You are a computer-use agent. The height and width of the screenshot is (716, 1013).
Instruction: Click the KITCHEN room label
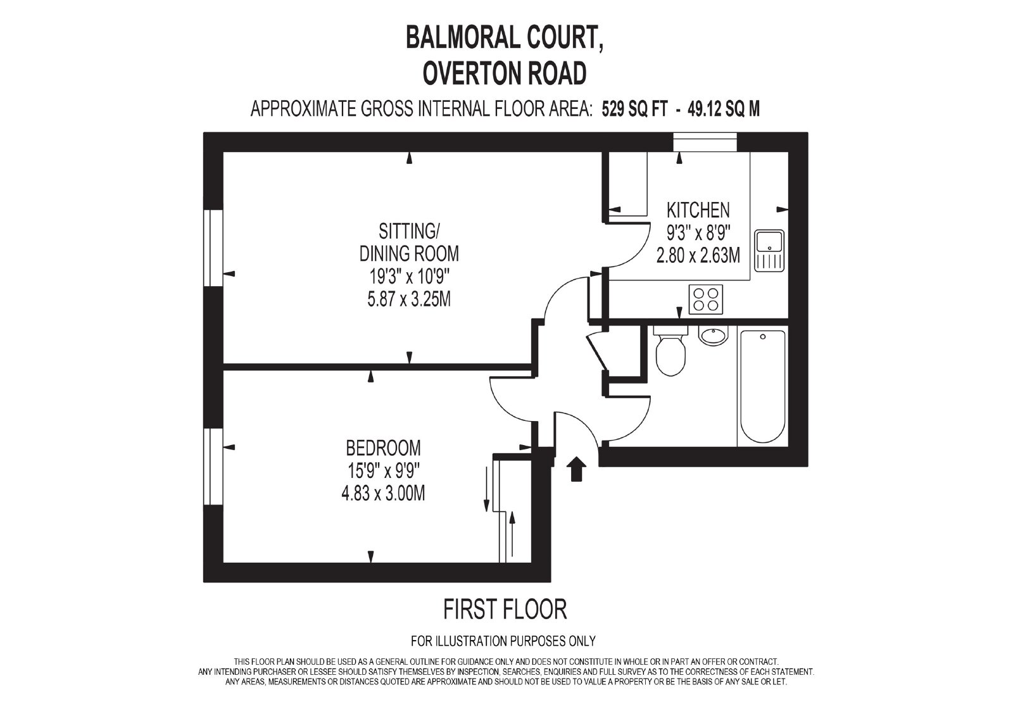[698, 210]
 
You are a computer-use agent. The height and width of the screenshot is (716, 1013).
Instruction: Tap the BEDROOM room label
[383, 448]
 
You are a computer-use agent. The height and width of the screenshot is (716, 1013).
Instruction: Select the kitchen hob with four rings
[705, 299]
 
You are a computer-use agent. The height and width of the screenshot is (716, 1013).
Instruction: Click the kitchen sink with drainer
[769, 251]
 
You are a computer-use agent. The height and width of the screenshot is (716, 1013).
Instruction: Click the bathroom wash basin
[714, 335]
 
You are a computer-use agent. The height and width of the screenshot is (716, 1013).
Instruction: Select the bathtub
[762, 386]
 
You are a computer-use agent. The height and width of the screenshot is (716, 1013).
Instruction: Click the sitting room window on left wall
[213, 248]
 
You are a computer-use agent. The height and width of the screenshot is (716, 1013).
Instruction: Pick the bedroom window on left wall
[213, 467]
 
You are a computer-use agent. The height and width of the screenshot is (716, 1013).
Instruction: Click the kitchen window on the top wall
[705, 142]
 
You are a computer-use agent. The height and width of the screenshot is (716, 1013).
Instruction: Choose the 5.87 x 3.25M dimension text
[409, 300]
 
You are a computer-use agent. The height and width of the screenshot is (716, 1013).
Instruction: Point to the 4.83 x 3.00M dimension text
[383, 493]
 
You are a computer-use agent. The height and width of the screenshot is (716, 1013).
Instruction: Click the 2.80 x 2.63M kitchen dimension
[698, 256]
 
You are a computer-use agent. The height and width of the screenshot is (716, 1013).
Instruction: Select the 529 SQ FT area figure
[634, 109]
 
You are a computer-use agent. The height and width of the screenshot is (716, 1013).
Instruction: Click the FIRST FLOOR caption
[505, 609]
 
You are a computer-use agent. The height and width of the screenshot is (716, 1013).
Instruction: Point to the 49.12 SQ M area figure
[724, 109]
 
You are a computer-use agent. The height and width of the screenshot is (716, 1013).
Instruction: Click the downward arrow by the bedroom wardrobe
[487, 489]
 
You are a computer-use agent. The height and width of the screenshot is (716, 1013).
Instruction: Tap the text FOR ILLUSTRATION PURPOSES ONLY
[503, 641]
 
